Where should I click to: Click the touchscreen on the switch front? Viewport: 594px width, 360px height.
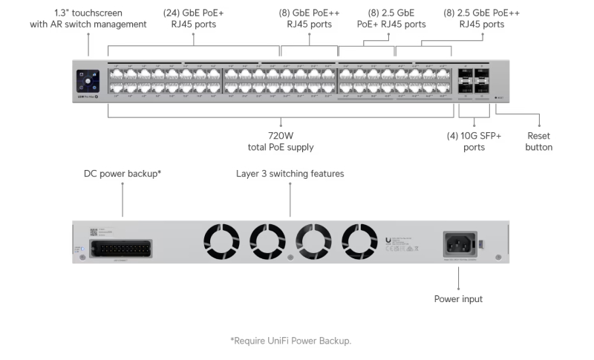88,79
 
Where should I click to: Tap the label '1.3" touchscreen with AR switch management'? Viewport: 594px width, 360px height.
88,19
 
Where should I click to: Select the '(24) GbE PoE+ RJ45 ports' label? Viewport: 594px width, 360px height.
194,19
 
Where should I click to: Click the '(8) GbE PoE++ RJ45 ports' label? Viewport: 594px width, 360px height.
310,19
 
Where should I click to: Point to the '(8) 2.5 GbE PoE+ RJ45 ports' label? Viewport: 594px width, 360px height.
391,19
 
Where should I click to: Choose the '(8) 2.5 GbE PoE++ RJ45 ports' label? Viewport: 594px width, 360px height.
481,19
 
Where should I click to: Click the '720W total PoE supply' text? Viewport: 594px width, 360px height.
281,141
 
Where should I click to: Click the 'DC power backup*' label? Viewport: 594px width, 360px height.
123,174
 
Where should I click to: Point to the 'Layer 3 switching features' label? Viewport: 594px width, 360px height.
290,174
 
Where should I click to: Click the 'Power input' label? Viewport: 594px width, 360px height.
458,299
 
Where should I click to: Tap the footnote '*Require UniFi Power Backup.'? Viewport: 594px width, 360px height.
290,341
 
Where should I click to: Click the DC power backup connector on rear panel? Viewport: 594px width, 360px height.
123,247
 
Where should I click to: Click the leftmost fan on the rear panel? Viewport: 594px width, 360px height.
221,242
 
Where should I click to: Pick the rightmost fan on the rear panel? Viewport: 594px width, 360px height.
359,242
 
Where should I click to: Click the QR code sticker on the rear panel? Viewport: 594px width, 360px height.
95,232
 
